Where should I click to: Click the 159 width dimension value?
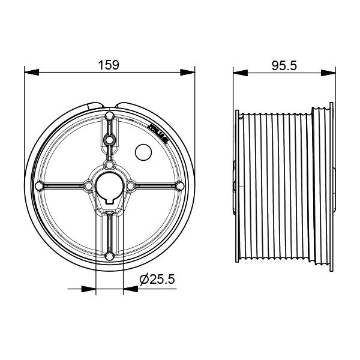(x=110, y=64)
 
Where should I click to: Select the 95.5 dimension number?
(x=284, y=65)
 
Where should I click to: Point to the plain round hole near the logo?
(x=143, y=152)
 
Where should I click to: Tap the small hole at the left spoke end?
(x=39, y=185)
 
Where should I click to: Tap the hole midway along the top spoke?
(x=110, y=139)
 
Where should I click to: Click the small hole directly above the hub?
(x=110, y=164)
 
